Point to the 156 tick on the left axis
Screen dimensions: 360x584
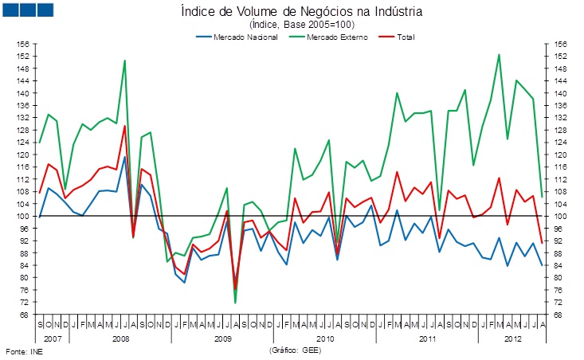coord(22,44)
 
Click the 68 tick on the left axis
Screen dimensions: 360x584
coord(24,315)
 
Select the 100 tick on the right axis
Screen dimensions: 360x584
coord(561,216)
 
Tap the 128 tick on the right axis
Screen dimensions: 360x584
coord(561,130)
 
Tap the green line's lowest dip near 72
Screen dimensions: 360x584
coord(235,303)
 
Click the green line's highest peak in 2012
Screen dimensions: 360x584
coord(499,54)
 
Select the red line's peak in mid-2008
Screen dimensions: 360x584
coord(124,126)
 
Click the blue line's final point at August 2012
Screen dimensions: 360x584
coord(543,266)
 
